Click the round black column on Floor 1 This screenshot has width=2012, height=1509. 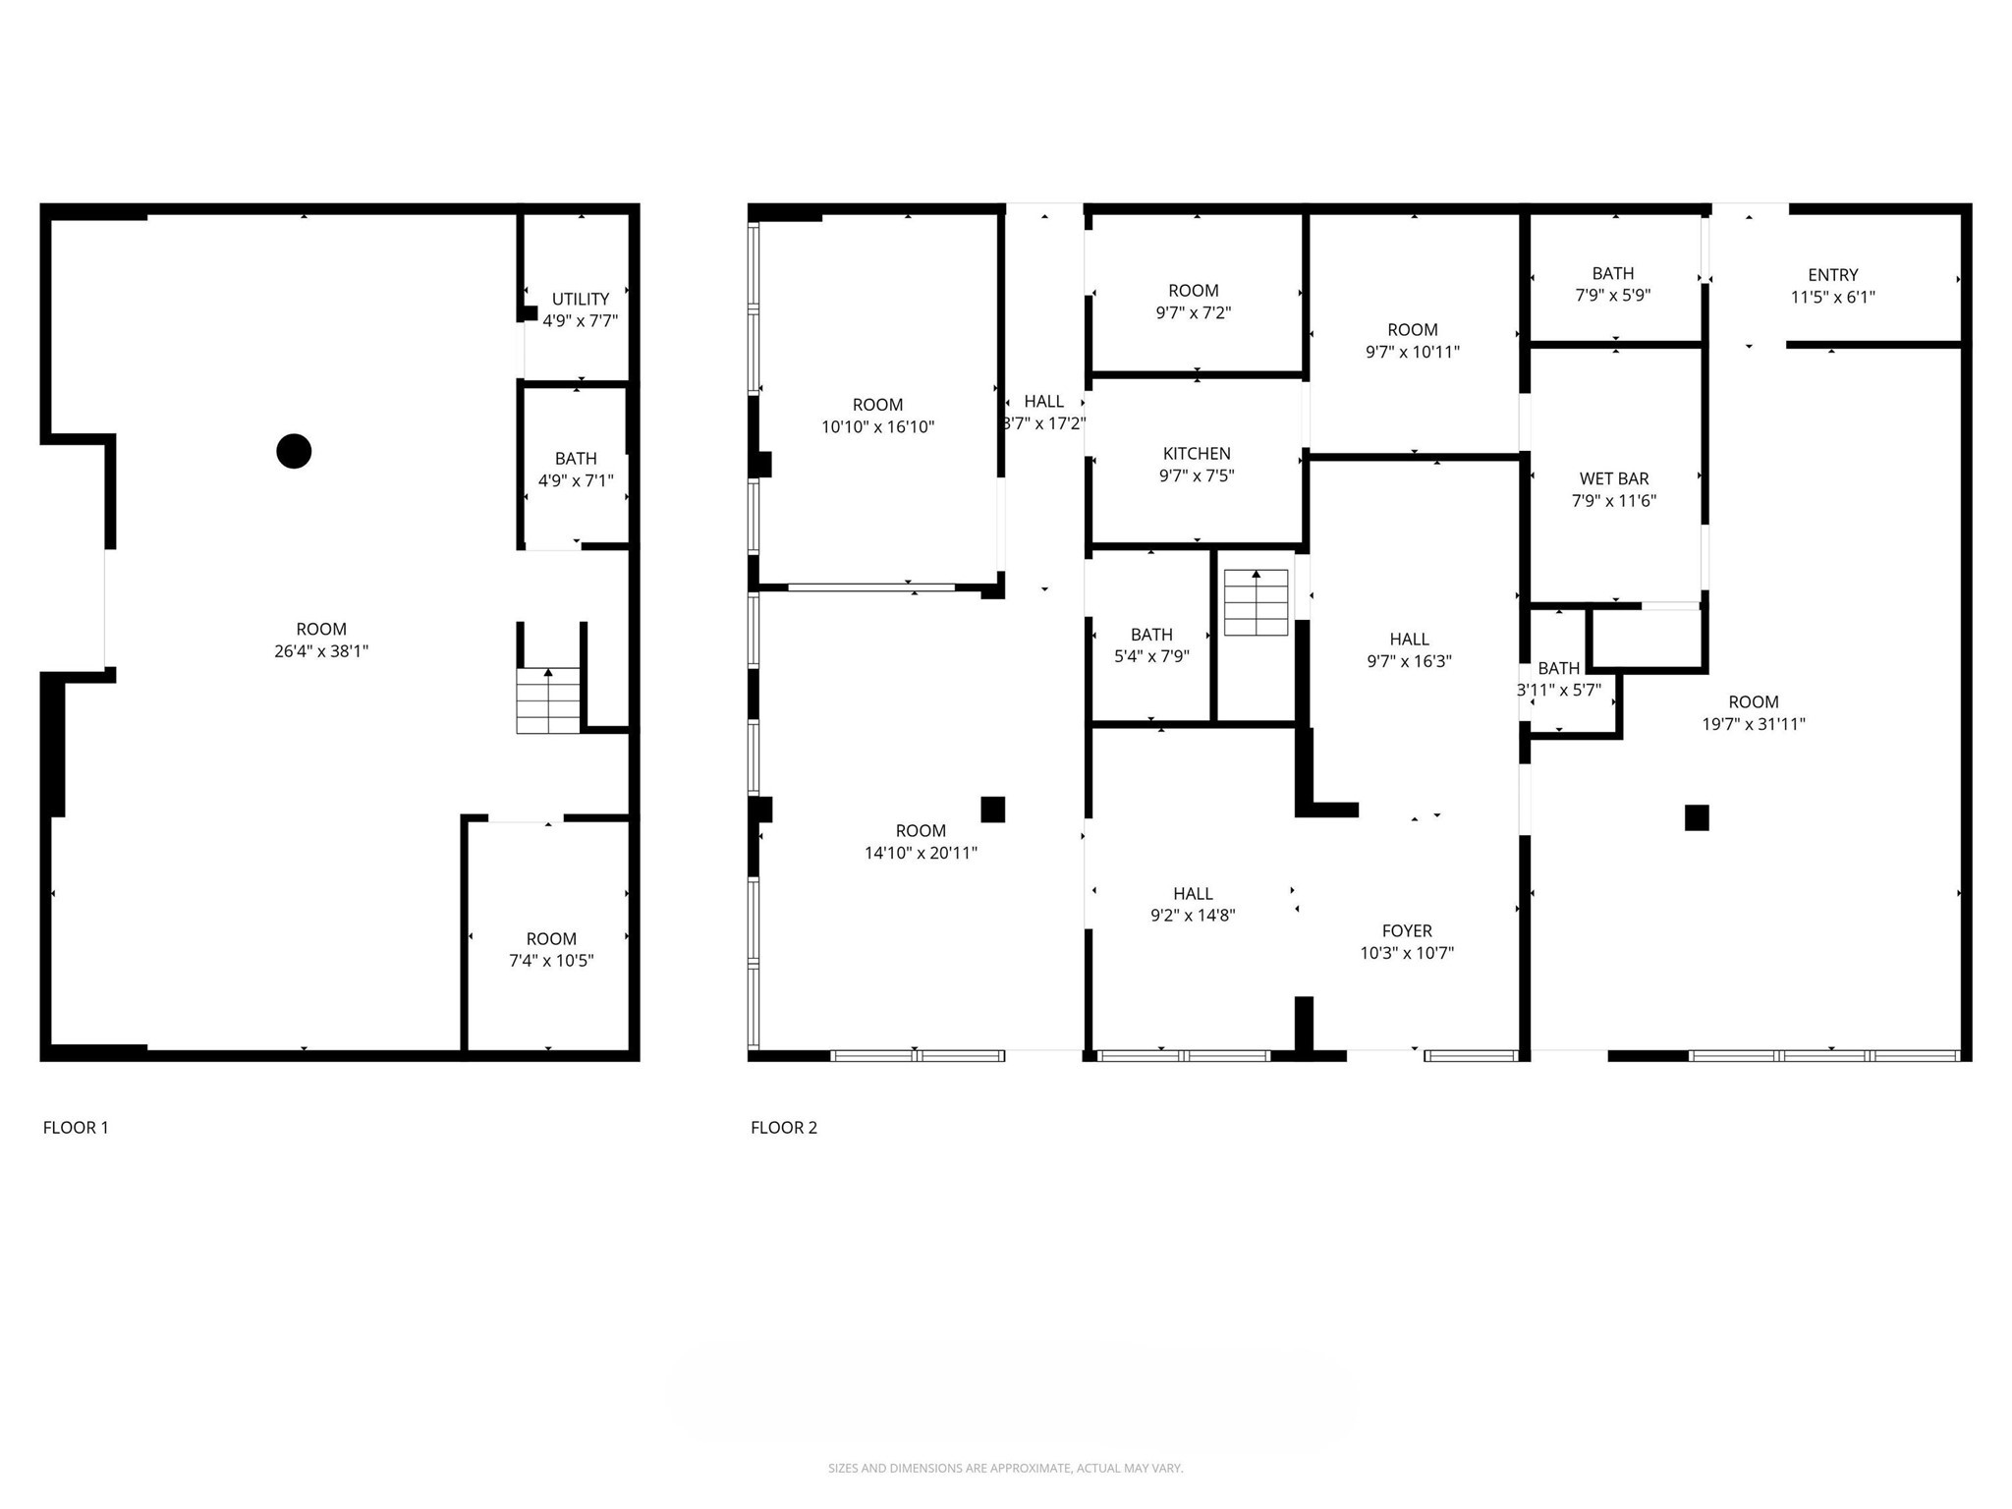(294, 451)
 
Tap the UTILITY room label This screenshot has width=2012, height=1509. (580, 299)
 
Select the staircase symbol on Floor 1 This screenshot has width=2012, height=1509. (548, 700)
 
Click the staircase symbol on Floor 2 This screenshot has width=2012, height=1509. (1256, 602)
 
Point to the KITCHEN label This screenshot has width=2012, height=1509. (1196, 454)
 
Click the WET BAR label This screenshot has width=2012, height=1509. (1613, 478)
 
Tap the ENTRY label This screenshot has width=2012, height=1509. (1832, 275)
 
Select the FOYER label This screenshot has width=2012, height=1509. (1407, 930)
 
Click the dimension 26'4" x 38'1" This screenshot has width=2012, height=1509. (321, 651)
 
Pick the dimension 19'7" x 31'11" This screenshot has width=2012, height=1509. (1753, 725)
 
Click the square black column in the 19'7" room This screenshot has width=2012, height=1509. (1697, 817)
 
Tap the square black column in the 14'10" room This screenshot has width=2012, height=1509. (992, 809)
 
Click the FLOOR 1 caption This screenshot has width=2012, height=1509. (76, 1128)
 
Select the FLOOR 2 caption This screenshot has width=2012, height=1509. (783, 1128)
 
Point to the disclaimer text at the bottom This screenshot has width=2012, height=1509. (1005, 1469)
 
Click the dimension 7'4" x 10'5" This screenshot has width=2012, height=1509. (550, 961)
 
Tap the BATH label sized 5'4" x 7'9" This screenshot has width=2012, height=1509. (1151, 635)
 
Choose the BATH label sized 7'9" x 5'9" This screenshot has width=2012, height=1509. (1612, 273)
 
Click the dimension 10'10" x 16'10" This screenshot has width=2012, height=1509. (877, 427)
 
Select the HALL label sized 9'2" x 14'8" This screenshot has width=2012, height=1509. (1192, 893)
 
